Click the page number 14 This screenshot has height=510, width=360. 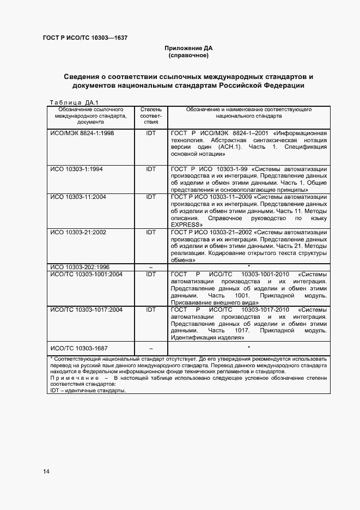pyautogui.click(x=46, y=471)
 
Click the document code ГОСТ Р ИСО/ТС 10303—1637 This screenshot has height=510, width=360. pyautogui.click(x=85, y=38)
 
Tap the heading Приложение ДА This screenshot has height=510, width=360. pyautogui.click(x=188, y=48)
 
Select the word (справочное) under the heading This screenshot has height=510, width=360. pyautogui.click(x=188, y=56)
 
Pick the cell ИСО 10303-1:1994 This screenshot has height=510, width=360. pyautogui.click(x=76, y=169)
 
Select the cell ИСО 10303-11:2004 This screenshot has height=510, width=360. pyautogui.click(x=78, y=197)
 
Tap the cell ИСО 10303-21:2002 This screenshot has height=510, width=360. pyautogui.click(x=78, y=232)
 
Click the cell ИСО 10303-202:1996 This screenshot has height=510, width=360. pyautogui.click(x=80, y=267)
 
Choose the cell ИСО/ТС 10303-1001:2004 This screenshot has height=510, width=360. pyautogui.click(x=87, y=274)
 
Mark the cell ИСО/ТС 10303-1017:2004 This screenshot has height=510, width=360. pyautogui.click(x=87, y=309)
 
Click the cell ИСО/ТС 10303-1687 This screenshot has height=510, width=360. pyautogui.click(x=79, y=348)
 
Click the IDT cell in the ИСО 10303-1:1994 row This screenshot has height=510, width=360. pyautogui.click(x=151, y=169)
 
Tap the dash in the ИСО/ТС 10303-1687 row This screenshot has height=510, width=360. pyautogui.click(x=151, y=348)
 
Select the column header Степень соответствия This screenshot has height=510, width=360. pyautogui.click(x=151, y=116)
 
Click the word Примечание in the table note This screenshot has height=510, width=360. pyautogui.click(x=74, y=379)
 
